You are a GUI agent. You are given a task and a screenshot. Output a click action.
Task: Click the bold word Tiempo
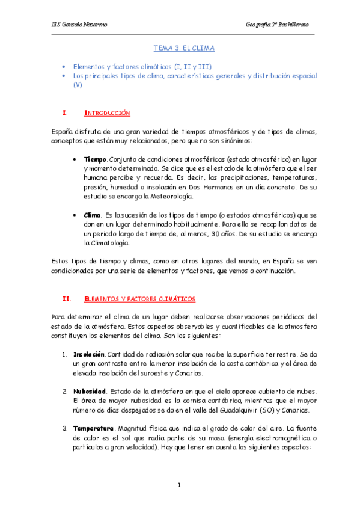point(94,159)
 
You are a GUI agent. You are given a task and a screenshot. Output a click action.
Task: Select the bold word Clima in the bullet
point(92,215)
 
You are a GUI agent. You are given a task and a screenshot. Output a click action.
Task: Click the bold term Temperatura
point(93,428)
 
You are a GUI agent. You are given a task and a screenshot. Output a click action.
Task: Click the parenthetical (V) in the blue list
point(78,85)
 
